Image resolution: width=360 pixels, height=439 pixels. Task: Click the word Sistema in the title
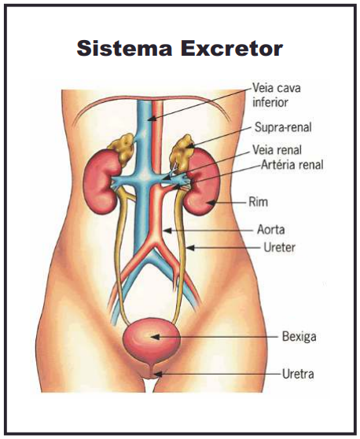coord(124,48)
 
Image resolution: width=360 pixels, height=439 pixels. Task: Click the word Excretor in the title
coord(231,49)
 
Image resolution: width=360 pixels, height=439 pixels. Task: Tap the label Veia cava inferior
coord(277,95)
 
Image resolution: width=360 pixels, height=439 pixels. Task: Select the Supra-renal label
coord(283,127)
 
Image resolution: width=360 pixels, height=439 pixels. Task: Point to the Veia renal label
coord(277,150)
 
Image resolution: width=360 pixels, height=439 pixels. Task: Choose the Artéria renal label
coord(292,165)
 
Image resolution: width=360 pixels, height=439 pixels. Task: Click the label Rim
coord(258,202)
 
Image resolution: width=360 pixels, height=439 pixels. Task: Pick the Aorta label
coord(271,230)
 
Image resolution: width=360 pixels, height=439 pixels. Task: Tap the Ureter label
coord(279,247)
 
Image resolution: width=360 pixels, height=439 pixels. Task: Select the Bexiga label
coord(299,336)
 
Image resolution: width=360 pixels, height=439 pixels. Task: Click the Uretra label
coord(298,374)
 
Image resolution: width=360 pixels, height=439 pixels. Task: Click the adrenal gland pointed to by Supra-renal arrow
coord(182,152)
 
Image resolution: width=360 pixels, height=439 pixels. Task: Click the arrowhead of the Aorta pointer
coord(167,231)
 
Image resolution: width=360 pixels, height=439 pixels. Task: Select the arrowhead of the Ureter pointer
coord(190,248)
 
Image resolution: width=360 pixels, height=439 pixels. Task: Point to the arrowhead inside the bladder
coord(156,337)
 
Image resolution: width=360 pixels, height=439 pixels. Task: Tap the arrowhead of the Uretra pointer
coord(159,374)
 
